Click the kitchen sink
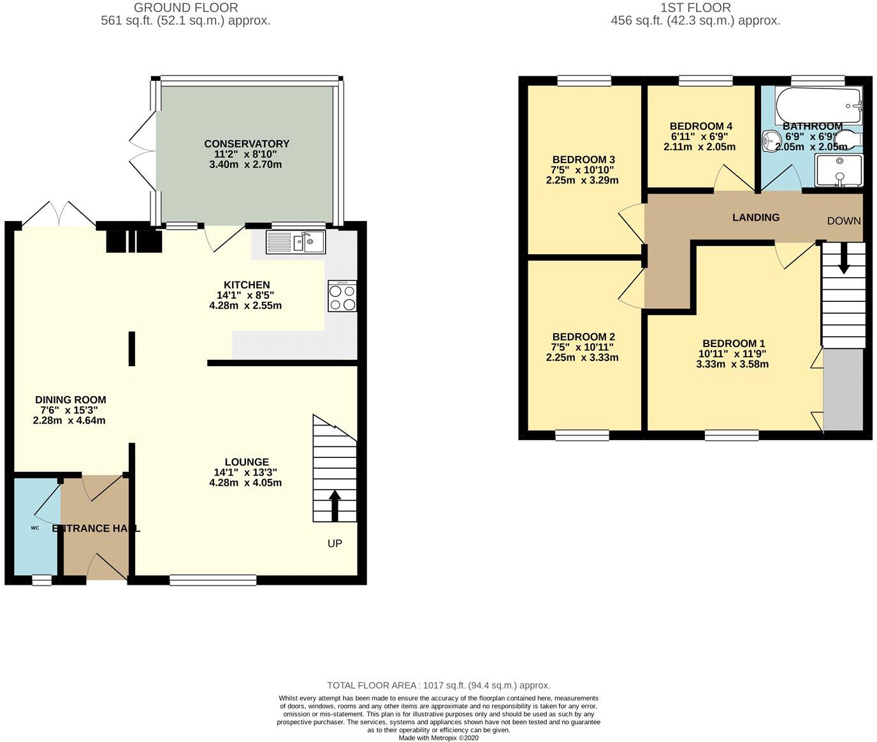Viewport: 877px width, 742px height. (296, 242)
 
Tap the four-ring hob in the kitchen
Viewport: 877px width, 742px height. (342, 296)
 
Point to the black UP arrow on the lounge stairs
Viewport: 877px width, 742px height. (335, 500)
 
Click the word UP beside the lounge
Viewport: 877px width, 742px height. (335, 543)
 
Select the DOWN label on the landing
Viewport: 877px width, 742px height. (843, 221)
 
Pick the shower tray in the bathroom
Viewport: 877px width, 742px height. (839, 170)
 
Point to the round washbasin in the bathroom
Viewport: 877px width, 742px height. (772, 139)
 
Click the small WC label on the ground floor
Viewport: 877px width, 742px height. (35, 528)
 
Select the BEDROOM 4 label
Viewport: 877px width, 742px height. (697, 126)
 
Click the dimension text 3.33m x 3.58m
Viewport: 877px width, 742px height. (732, 364)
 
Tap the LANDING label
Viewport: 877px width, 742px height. (755, 217)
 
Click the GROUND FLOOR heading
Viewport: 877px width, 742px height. (185, 8)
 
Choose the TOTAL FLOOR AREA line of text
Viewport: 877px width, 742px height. (438, 685)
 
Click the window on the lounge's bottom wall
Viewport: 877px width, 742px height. (214, 580)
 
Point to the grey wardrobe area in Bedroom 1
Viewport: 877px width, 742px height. (843, 389)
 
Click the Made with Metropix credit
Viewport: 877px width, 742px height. (438, 738)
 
